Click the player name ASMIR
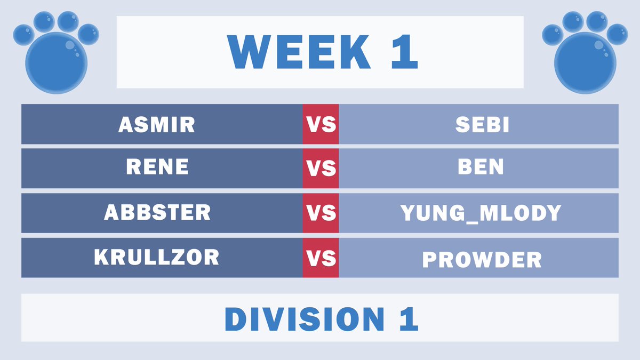157,125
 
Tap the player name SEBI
482,125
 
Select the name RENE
157,167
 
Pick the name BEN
481,167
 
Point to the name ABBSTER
157,213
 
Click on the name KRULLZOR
157,258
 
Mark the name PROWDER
482,260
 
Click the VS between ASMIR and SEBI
321,125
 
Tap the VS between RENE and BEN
321,169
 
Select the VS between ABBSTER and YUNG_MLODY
321,213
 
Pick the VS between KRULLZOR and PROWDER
321,258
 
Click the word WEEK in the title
299,52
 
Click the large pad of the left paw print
56,63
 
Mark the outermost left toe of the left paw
23,34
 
